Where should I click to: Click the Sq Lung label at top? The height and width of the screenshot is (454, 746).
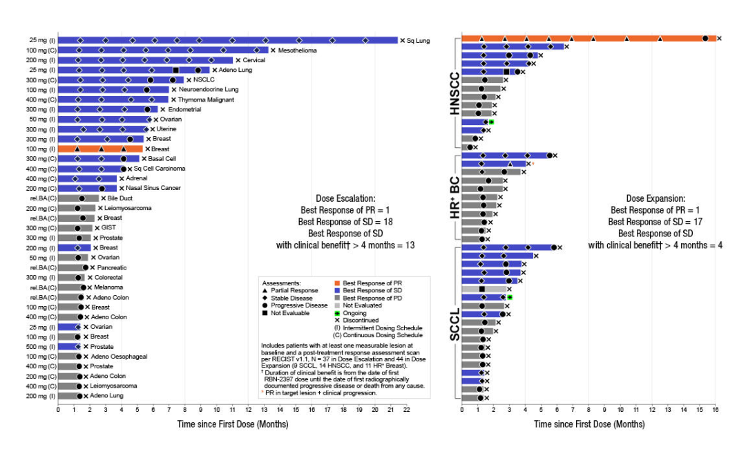[418, 41]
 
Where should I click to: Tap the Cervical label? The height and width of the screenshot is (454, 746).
[254, 60]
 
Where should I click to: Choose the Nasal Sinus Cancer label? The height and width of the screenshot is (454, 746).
[152, 188]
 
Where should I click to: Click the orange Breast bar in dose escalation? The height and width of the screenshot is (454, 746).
[100, 149]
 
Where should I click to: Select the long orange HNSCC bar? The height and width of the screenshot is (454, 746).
[587, 38]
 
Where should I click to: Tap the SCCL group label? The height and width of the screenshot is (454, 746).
[455, 321]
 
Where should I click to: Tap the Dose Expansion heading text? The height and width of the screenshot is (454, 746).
[656, 197]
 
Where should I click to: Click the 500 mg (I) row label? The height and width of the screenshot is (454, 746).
[41, 347]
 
